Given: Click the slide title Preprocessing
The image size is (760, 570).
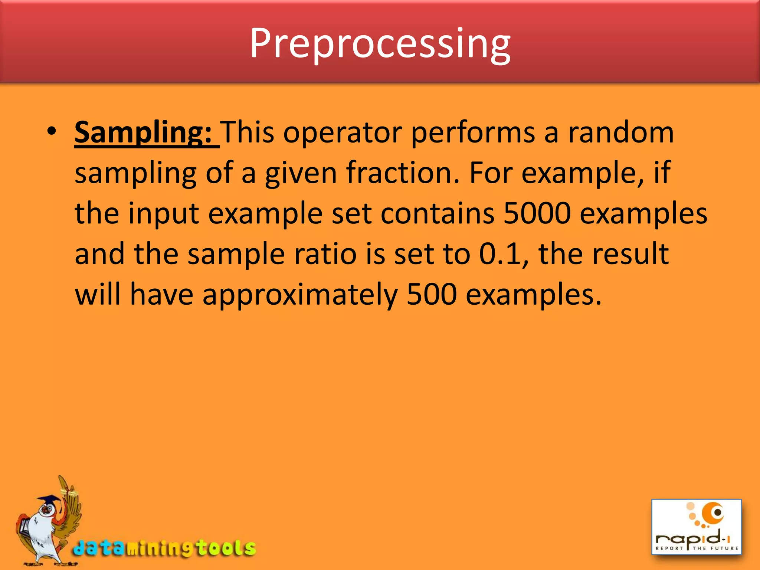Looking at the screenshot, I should (380, 44).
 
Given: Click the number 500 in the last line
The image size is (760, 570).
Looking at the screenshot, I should (432, 294).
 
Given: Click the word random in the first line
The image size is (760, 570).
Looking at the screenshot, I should (621, 132).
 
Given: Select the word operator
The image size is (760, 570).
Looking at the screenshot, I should (343, 132).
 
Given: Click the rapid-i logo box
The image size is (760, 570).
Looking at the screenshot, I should (697, 527).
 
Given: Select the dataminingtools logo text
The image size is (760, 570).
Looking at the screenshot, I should (165, 548).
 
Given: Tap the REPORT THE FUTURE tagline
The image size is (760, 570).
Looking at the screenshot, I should (697, 548).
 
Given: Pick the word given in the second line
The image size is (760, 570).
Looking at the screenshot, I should (301, 173).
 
